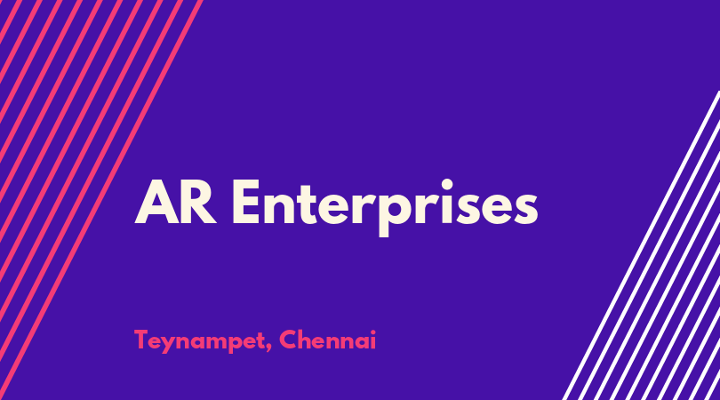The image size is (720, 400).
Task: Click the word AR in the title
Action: (175, 202)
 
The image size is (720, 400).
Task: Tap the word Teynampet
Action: (200, 341)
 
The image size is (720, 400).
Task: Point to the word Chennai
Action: (327, 340)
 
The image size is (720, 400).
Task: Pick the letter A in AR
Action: (156, 202)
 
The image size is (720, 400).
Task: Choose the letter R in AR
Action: (199, 202)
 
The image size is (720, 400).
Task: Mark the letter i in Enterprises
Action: (447, 202)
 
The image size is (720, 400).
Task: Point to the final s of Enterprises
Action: (524, 208)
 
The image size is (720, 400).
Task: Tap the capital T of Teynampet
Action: (141, 340)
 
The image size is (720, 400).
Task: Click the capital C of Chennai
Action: (289, 340)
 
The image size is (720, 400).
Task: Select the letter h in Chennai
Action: (308, 340)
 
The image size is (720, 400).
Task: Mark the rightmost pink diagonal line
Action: (101, 200)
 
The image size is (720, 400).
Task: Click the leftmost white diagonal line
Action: (642, 245)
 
